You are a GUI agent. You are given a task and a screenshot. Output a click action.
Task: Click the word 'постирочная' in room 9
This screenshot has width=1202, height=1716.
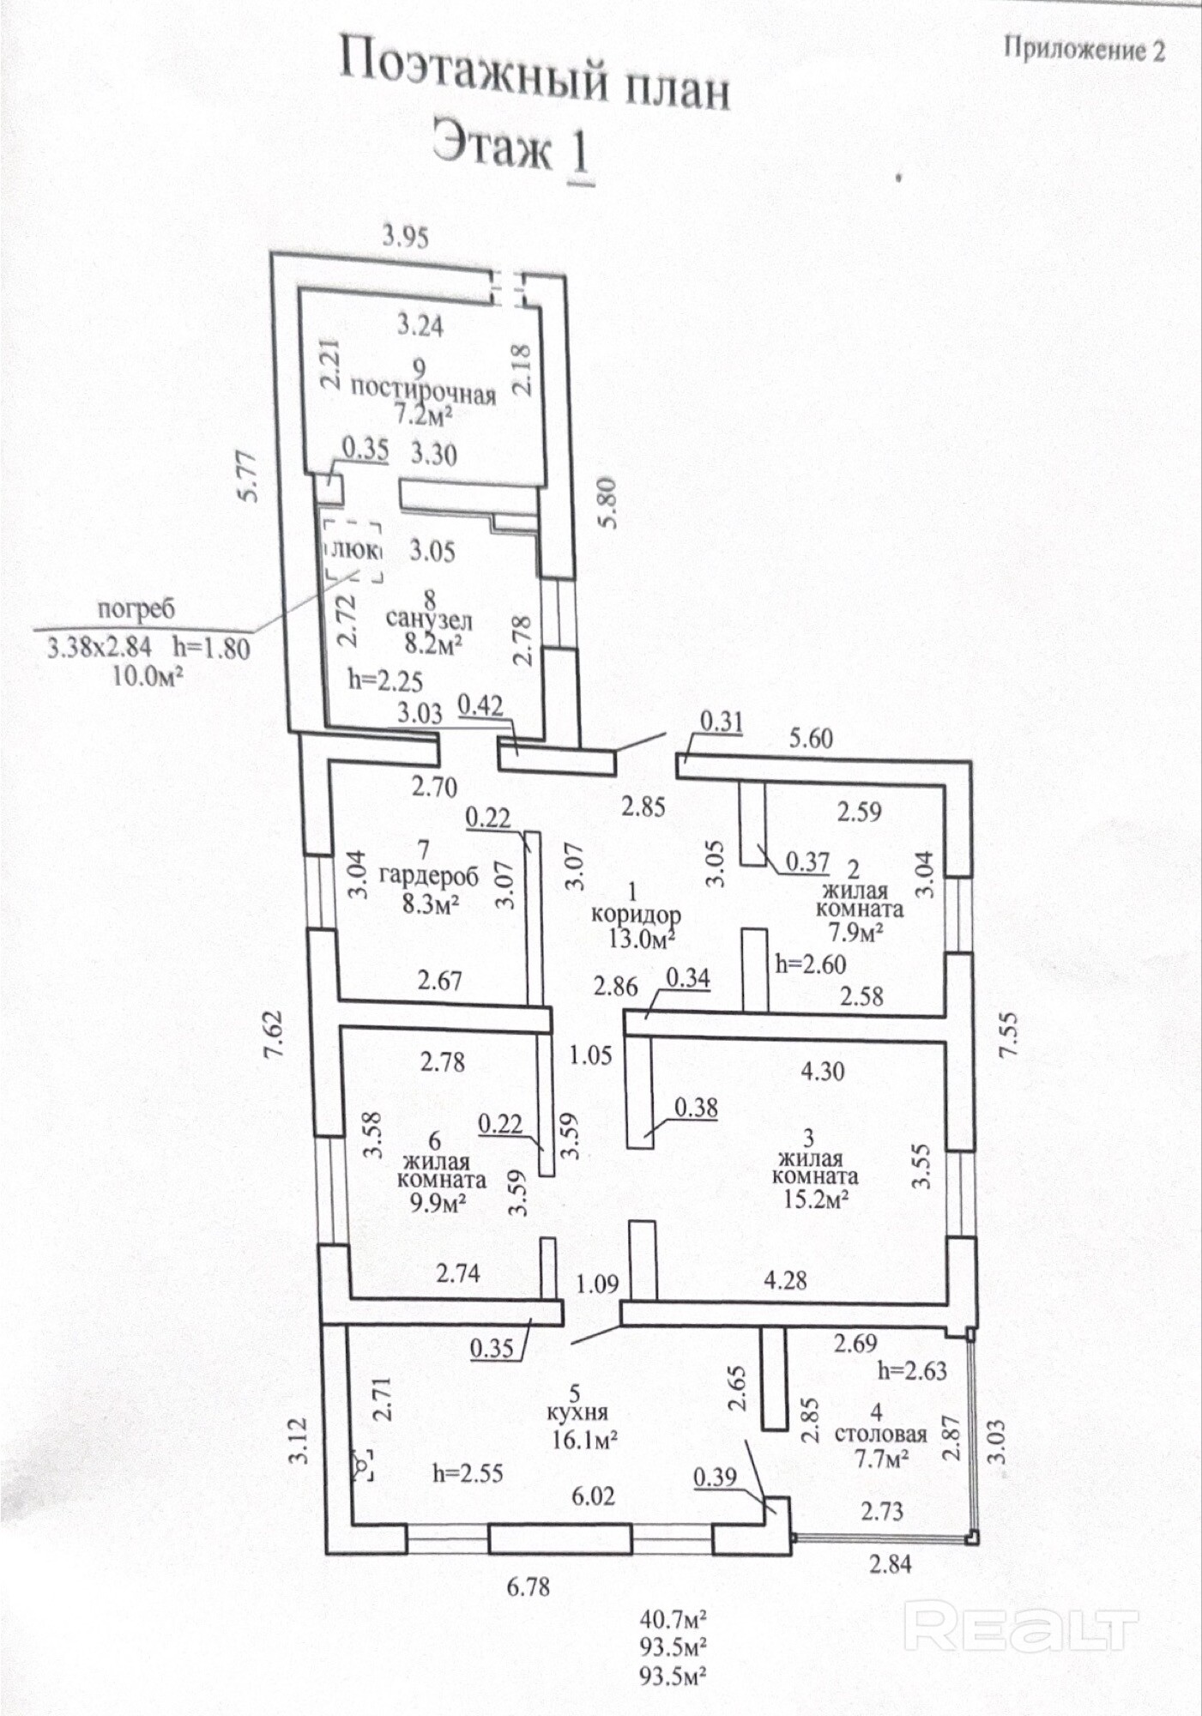(424, 391)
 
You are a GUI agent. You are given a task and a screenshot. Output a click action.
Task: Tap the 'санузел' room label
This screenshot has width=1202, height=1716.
(428, 619)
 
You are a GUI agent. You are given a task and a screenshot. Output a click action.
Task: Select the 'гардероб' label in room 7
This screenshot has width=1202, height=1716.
(429, 877)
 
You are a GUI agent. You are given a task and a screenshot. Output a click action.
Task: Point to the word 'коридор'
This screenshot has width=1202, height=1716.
(636, 915)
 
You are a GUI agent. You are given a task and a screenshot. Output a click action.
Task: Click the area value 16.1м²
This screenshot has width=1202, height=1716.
(586, 1438)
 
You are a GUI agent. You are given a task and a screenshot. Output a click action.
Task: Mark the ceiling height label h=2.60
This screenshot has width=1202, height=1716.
(811, 964)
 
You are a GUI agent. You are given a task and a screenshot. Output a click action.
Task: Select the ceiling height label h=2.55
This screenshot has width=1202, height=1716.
(468, 1474)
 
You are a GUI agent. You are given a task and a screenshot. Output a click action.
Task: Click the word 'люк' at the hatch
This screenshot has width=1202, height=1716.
(354, 550)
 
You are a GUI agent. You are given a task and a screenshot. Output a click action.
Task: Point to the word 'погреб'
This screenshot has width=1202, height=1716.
(136, 609)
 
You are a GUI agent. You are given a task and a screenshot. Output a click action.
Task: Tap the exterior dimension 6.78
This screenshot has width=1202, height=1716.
(529, 1586)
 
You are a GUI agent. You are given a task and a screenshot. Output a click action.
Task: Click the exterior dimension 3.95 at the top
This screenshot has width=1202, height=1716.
(406, 236)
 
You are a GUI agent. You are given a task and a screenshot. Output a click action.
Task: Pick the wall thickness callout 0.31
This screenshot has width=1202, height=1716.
(722, 722)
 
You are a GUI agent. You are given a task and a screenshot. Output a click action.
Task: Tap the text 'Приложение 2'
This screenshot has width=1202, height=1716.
(1084, 49)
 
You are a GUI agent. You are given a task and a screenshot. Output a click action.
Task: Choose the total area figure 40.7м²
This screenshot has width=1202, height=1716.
(673, 1619)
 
